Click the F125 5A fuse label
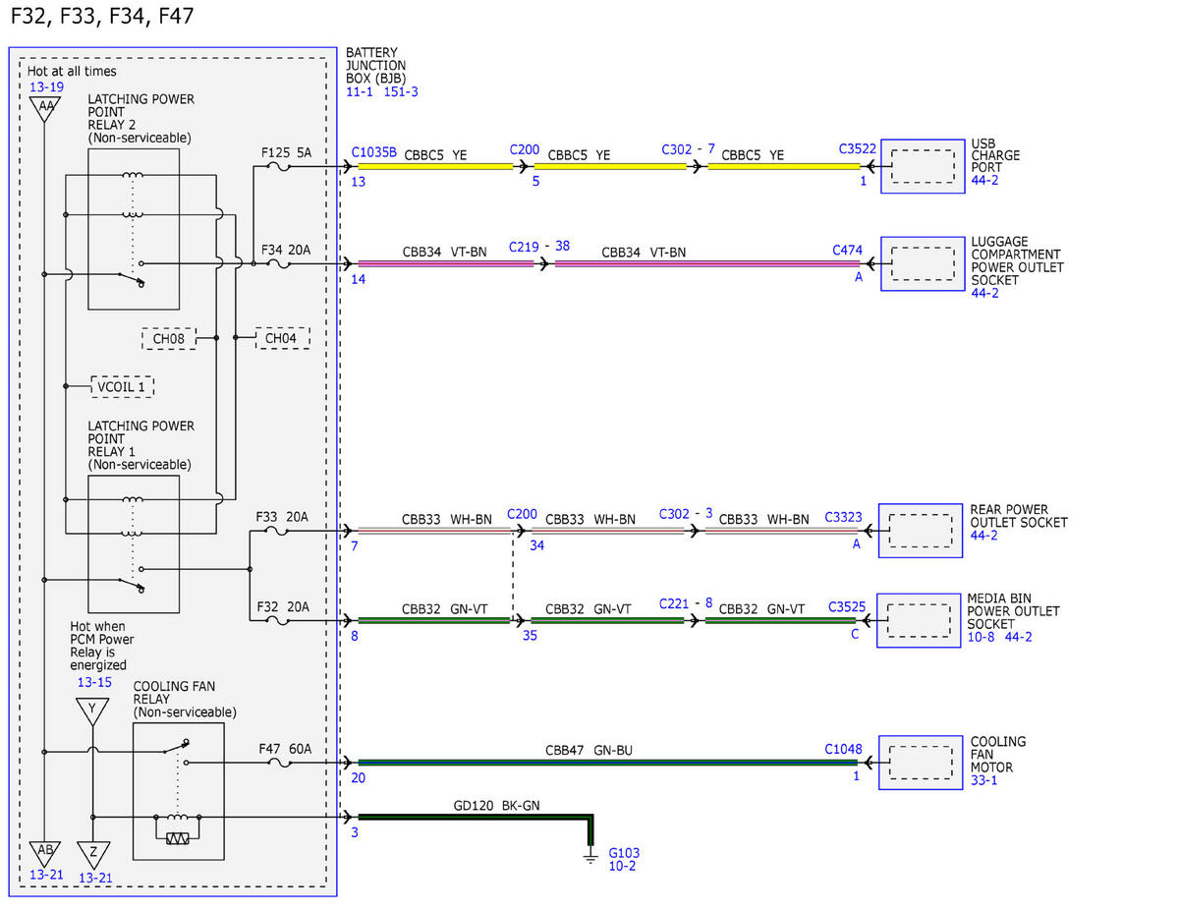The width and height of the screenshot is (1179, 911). pyautogui.click(x=286, y=152)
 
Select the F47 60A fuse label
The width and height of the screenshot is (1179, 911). pyautogui.click(x=285, y=749)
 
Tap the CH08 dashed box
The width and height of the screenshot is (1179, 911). pyautogui.click(x=169, y=339)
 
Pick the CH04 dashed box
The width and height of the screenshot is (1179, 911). pyautogui.click(x=283, y=338)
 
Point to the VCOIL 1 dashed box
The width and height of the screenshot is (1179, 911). pyautogui.click(x=122, y=387)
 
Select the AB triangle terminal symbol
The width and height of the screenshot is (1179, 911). pyautogui.click(x=45, y=853)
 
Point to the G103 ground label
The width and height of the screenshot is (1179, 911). pyautogui.click(x=624, y=853)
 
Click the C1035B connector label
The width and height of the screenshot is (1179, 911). pyautogui.click(x=373, y=152)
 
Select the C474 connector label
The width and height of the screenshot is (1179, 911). pyautogui.click(x=847, y=251)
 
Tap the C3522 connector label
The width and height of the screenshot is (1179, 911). pyautogui.click(x=858, y=148)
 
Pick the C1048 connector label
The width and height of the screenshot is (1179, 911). pyautogui.click(x=843, y=749)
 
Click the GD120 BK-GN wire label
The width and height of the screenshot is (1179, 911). pyautogui.click(x=496, y=806)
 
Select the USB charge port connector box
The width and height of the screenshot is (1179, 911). pyautogui.click(x=923, y=166)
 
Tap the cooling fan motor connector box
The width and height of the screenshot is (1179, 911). pyautogui.click(x=921, y=763)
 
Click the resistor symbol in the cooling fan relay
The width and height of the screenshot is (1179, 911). pyautogui.click(x=178, y=839)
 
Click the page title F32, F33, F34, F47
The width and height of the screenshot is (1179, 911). pyautogui.click(x=102, y=17)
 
